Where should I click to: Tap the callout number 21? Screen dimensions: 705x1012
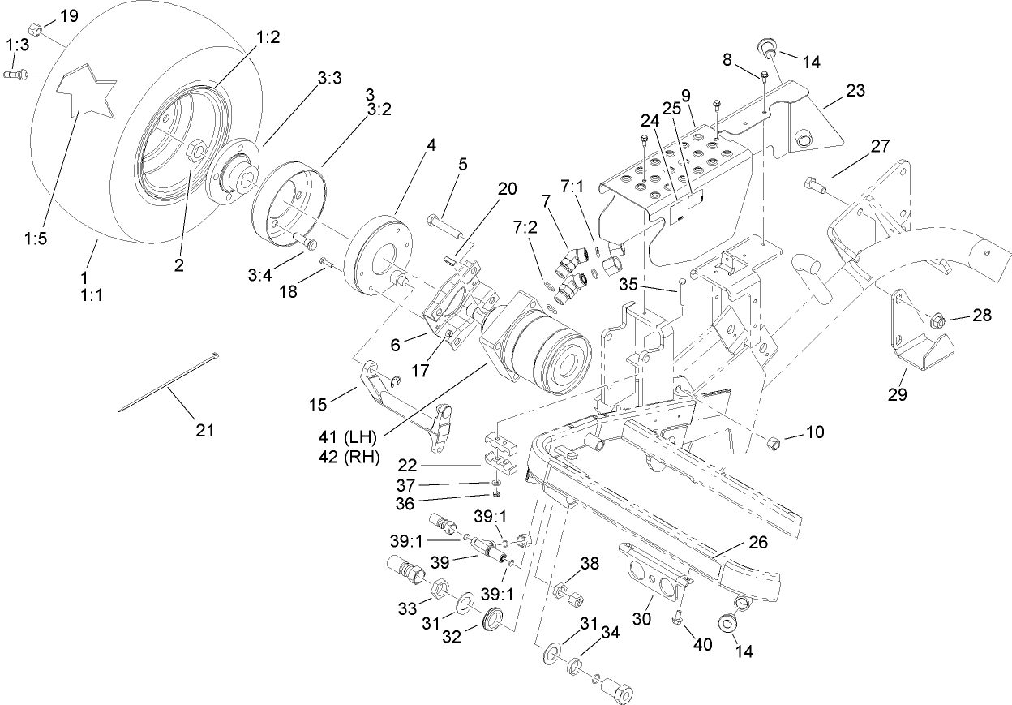tap(205, 431)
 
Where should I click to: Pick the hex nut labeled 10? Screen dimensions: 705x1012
tap(774, 442)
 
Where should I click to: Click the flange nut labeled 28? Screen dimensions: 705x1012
tap(934, 318)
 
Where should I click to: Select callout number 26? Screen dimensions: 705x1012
tap(759, 543)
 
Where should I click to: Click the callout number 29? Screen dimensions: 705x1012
tap(897, 395)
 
